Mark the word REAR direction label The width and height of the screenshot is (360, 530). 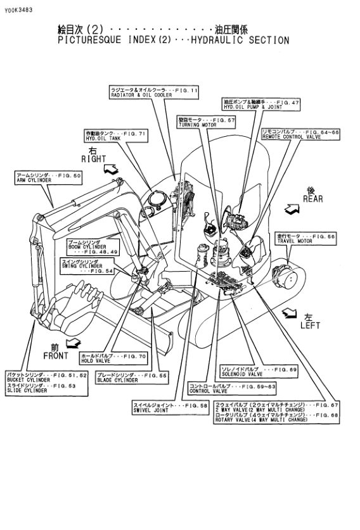312,198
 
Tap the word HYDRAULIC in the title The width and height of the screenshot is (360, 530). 217,40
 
